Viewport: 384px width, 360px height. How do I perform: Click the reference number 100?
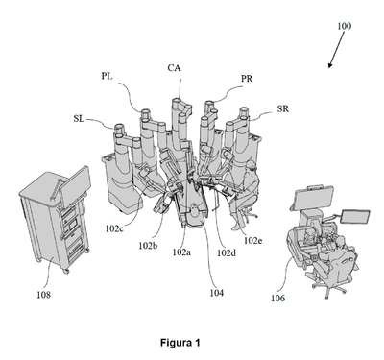tap(344, 26)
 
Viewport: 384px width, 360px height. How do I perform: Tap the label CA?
tap(175, 68)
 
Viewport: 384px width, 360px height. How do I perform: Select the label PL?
tap(108, 76)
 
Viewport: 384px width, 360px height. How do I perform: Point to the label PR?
tap(247, 79)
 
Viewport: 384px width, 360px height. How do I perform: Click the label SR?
tap(283, 109)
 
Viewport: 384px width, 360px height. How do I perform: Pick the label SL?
tap(79, 119)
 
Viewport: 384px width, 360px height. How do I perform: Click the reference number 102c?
tap(114, 228)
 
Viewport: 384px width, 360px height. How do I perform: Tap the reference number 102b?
tap(148, 246)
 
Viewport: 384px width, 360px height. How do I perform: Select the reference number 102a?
tap(181, 252)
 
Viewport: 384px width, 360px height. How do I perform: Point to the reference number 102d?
tap(227, 252)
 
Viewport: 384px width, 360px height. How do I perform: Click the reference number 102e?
tap(252, 240)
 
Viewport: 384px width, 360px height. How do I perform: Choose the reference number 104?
tap(216, 293)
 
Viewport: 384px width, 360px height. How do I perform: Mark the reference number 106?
tap(277, 299)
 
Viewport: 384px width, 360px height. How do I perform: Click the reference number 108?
tap(43, 295)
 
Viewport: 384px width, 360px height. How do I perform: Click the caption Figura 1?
tap(180, 343)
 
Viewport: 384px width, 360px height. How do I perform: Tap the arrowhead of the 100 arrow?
tap(330, 65)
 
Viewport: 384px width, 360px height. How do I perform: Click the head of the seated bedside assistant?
tap(251, 166)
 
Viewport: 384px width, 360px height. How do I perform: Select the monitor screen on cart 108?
tap(75, 185)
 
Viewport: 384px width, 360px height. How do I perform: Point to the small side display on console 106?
tap(355, 217)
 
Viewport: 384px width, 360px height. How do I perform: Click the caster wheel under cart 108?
tap(66, 271)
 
